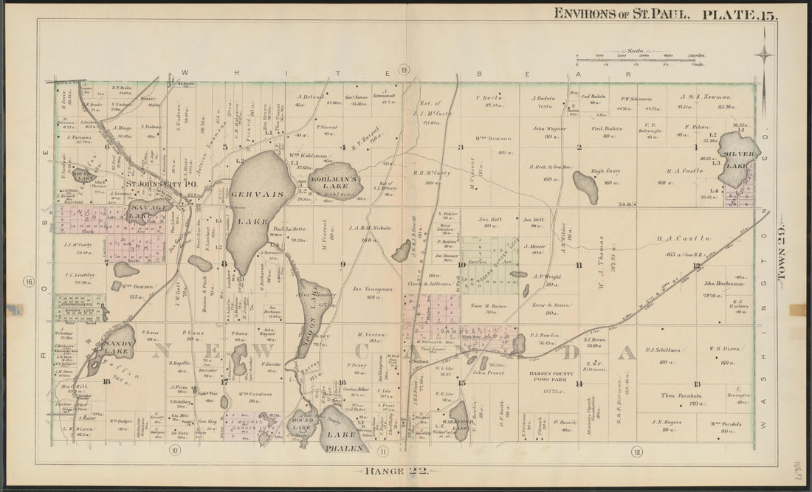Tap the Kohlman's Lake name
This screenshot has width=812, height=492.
[334, 179]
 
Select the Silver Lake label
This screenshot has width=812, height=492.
[739, 156]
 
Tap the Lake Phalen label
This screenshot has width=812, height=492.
[343, 442]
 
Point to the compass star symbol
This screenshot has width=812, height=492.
[765, 54]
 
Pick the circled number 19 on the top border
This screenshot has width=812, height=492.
[404, 70]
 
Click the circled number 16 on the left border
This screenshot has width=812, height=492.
[29, 281]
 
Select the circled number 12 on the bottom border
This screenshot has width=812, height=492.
[636, 451]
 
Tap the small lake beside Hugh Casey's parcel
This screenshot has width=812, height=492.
[586, 187]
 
